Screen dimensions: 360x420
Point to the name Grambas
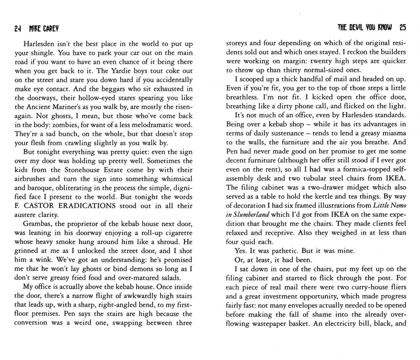click(36, 224)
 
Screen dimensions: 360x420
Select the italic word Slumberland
click(252, 214)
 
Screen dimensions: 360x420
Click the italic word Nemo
click(397, 205)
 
